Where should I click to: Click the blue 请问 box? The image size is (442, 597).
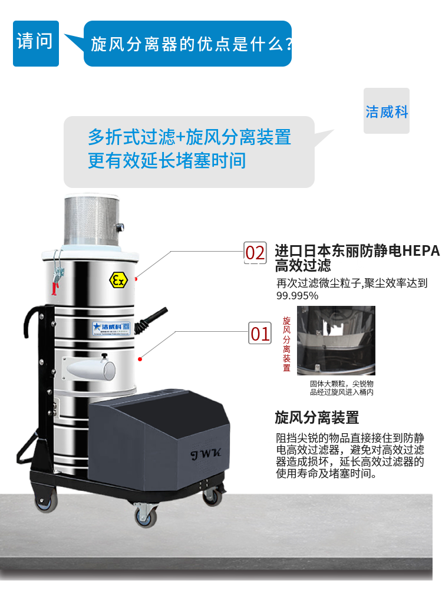pyautogui.click(x=35, y=43)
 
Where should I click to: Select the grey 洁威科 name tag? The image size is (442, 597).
pyautogui.click(x=386, y=111)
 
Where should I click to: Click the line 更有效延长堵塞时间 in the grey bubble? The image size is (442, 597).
pyautogui.click(x=167, y=160)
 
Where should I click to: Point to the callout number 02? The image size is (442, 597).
pyautogui.click(x=255, y=253)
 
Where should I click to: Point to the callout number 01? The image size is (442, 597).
pyautogui.click(x=260, y=334)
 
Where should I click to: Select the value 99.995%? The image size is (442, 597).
pyautogui.click(x=298, y=296)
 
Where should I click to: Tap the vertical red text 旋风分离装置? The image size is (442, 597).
pyautogui.click(x=286, y=344)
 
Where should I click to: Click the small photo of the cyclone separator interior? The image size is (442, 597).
pyautogui.click(x=336, y=341)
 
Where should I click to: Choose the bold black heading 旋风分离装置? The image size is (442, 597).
pyautogui.click(x=316, y=418)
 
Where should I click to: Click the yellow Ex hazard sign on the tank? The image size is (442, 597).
pyautogui.click(x=118, y=280)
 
